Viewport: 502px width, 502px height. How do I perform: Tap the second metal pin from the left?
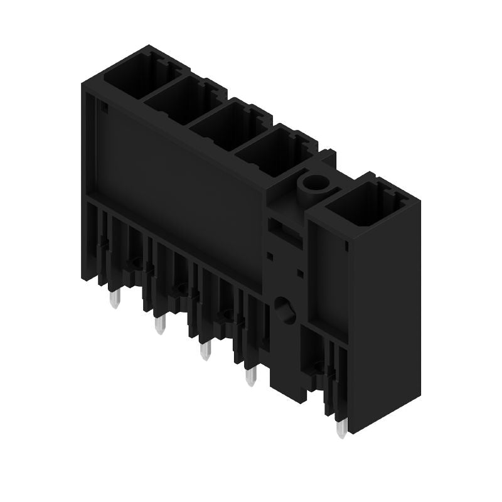(160, 325)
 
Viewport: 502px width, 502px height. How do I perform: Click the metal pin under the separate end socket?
(341, 429)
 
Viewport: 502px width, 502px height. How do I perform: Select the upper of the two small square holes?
(270, 255)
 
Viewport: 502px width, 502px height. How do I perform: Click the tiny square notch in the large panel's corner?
(104, 109)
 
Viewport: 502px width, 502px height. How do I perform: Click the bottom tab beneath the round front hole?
(287, 376)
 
